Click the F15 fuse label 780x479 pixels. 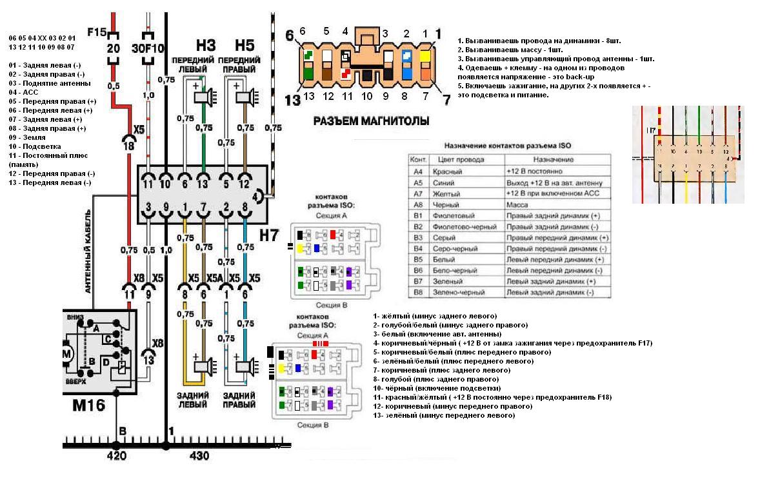[96, 32]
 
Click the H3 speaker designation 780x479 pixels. [205, 45]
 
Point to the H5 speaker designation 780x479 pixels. [245, 45]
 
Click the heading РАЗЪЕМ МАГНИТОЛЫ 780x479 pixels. [371, 121]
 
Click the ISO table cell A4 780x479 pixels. [418, 171]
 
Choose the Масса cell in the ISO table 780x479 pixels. [517, 204]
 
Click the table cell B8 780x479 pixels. [418, 293]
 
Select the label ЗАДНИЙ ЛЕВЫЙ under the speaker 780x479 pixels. [193, 400]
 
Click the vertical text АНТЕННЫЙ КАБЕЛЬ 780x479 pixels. [88, 251]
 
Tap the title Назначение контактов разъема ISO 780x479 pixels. [508, 146]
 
